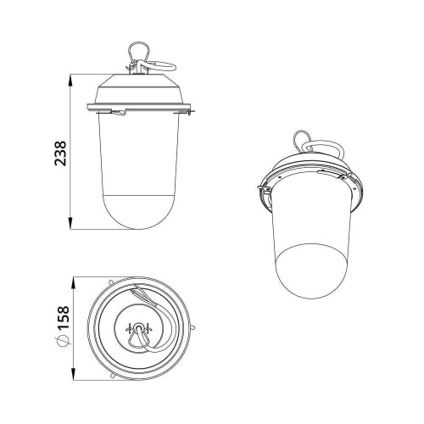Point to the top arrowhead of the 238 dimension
pos(72,77)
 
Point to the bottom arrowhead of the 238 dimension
pos(72,226)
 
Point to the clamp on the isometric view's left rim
pos(265,190)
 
